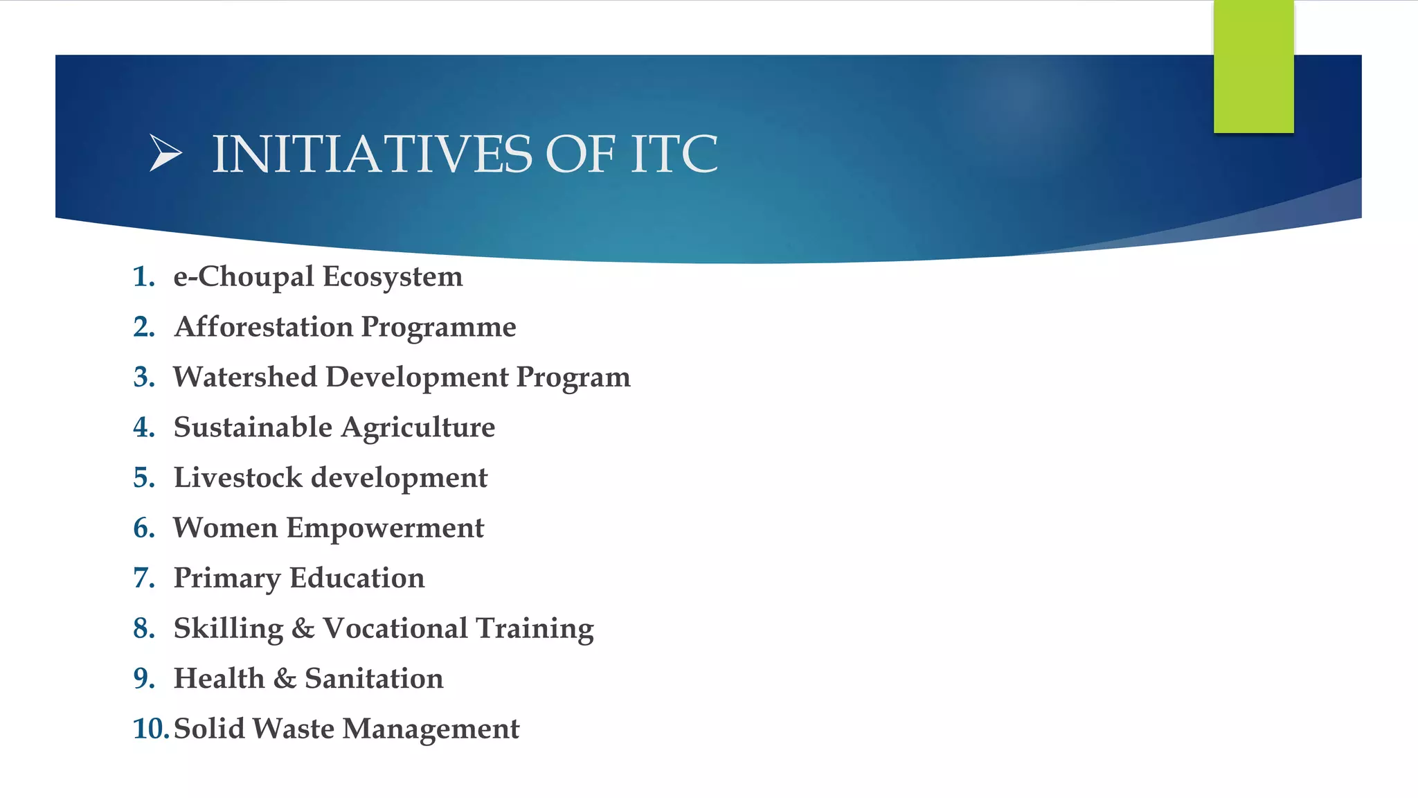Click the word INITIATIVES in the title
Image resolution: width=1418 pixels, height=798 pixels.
point(372,154)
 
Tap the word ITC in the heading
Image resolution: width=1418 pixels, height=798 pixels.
point(674,154)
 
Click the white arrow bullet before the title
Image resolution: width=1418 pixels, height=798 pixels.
point(165,152)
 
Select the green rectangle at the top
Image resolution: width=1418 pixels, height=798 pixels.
point(1253,66)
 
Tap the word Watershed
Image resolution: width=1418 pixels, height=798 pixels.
point(244,377)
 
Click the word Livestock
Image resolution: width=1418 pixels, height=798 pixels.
point(237,477)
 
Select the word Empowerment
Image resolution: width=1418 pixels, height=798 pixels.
point(385,529)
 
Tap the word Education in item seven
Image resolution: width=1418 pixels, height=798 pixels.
point(357,578)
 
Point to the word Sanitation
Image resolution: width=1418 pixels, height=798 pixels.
point(374,678)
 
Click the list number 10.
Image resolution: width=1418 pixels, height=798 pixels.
point(149,729)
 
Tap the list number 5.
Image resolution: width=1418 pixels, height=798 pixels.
point(143,477)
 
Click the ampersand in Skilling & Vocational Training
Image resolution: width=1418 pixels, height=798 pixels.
point(303,628)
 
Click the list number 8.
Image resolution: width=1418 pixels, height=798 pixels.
point(143,628)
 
